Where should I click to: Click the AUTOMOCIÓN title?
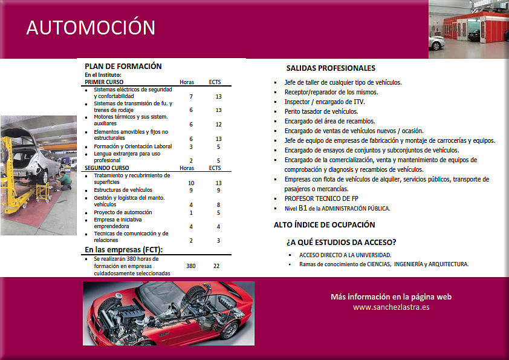tap(91, 27)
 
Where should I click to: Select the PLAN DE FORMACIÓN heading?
tap(123, 66)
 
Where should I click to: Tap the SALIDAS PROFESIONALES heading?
tap(331, 68)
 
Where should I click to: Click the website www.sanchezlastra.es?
tap(391, 307)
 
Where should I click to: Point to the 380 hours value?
tap(190, 266)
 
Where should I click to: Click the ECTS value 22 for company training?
tap(216, 266)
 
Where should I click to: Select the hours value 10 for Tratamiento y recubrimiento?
tap(190, 183)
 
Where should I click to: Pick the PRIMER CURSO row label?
tap(104, 82)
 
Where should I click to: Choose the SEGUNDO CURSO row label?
tap(107, 168)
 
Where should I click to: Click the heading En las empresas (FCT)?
tap(123, 249)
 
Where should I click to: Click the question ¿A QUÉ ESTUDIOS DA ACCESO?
tap(341, 242)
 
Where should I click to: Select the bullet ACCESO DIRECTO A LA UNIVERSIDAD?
tap(345, 255)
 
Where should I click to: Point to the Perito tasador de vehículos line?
tap(321, 111)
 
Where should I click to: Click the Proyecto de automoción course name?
tap(123, 212)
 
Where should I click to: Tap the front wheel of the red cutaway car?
tap(230, 329)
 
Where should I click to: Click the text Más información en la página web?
tap(391, 296)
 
